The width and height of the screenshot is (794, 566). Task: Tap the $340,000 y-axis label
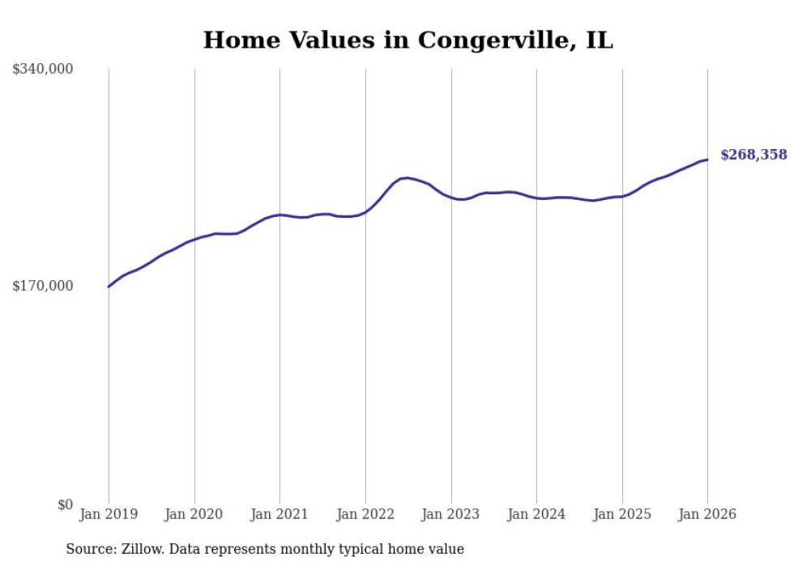coord(43,70)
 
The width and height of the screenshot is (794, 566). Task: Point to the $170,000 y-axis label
coord(43,286)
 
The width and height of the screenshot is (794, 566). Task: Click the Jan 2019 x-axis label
coord(109,515)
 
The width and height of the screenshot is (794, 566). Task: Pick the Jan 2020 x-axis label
coord(194,515)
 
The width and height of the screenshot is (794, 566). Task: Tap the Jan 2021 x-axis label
coord(280,515)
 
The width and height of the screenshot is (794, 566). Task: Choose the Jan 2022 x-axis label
coord(365,515)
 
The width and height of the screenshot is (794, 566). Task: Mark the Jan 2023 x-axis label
coord(451,515)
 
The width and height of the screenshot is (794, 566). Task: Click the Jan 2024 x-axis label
coord(536,515)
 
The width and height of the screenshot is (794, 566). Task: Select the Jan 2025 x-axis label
coord(622,515)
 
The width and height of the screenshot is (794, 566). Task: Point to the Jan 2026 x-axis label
coord(707,515)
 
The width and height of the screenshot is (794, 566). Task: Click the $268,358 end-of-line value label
coord(753,155)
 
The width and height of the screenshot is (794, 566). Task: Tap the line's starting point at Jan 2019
coord(109,287)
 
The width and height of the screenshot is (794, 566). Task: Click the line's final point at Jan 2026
coord(707,160)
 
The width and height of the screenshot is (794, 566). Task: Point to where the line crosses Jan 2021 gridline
coord(280,215)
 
